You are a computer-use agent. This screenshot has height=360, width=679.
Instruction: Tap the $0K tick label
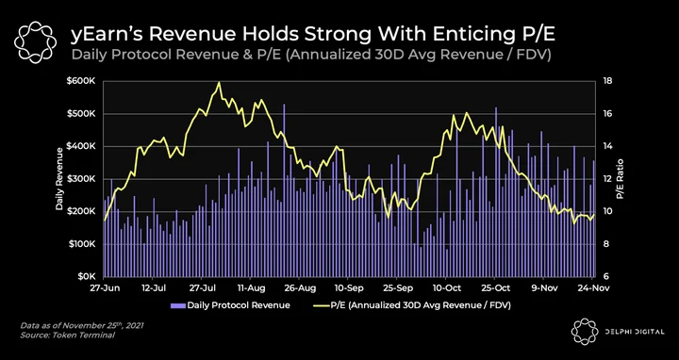91,276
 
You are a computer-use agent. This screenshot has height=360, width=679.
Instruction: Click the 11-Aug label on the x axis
251,287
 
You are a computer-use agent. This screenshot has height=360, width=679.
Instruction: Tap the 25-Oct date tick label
495,287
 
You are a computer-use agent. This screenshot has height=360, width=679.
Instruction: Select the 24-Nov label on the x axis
593,287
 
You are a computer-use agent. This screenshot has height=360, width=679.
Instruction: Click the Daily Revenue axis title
59,179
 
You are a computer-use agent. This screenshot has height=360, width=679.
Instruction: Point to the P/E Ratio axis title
621,179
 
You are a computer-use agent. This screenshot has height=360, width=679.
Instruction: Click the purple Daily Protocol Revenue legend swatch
178,305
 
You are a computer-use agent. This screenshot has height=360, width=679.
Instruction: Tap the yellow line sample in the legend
321,305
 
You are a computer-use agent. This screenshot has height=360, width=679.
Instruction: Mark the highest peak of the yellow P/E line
219,82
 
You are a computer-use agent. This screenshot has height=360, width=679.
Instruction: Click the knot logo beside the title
35,42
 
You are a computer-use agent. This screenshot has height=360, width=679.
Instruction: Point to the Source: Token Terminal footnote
68,335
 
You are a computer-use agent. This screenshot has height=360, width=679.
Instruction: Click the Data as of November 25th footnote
81,325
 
